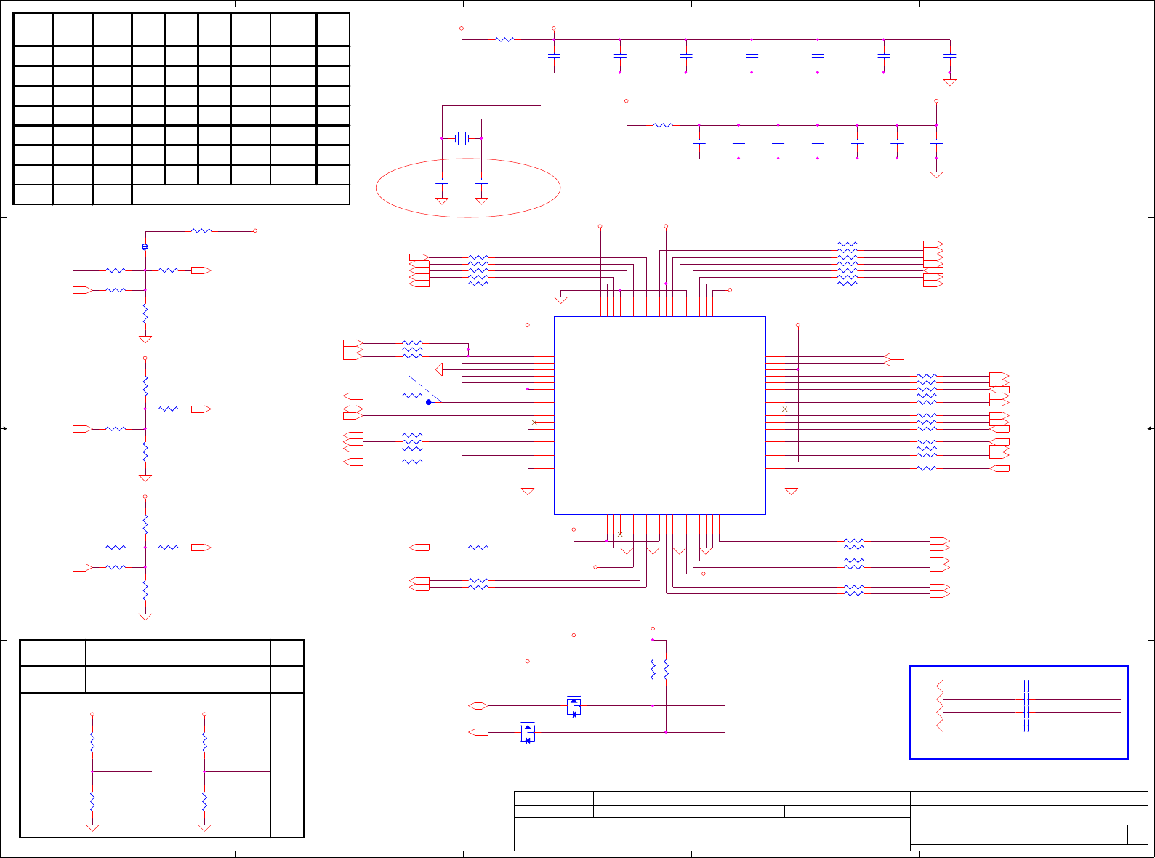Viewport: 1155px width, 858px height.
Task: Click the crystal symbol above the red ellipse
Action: tap(462, 138)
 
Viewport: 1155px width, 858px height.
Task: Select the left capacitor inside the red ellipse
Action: tap(442, 181)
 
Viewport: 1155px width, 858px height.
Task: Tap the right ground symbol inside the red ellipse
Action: tap(481, 201)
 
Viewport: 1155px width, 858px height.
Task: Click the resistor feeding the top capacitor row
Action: tap(504, 39)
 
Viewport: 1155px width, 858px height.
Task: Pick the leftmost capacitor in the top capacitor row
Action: tap(554, 55)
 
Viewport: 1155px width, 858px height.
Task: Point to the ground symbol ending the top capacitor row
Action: tap(949, 82)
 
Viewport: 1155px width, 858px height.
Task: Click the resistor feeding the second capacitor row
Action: tap(663, 126)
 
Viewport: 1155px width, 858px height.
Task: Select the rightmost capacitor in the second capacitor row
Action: tap(936, 141)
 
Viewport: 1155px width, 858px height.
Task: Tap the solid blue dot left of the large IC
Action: tap(429, 402)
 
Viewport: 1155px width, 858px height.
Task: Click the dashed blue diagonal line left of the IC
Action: tap(424, 389)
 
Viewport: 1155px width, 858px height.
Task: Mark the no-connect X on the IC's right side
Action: tap(784, 409)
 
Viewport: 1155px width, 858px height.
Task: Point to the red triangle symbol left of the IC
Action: tap(439, 369)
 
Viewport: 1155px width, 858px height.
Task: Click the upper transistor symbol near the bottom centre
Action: tap(574, 706)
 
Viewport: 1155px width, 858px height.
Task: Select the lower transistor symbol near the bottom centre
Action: tap(528, 733)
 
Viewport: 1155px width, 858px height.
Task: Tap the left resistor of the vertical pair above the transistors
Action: tap(653, 670)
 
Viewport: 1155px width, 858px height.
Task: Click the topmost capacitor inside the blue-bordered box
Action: tap(1026, 686)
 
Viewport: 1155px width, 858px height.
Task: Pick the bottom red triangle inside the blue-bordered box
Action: tap(940, 726)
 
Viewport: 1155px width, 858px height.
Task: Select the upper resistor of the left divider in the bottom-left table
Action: tap(92, 742)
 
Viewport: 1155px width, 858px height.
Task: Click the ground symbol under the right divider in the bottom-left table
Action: tap(204, 827)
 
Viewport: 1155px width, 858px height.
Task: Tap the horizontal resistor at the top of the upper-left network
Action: tap(201, 231)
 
